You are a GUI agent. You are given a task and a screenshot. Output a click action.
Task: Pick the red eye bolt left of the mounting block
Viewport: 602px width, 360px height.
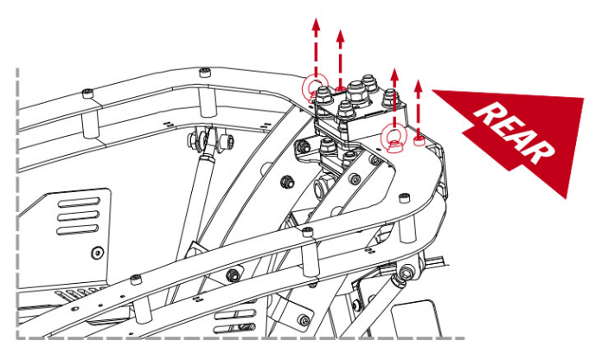[315, 87]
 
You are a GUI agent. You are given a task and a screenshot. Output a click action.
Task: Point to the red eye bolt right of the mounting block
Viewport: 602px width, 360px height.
[394, 137]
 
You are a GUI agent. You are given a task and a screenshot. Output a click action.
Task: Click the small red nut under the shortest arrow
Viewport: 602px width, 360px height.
[419, 140]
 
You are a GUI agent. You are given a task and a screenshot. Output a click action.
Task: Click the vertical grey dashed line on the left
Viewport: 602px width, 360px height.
[18, 199]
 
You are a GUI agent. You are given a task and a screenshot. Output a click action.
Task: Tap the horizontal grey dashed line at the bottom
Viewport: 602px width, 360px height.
[242, 337]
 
